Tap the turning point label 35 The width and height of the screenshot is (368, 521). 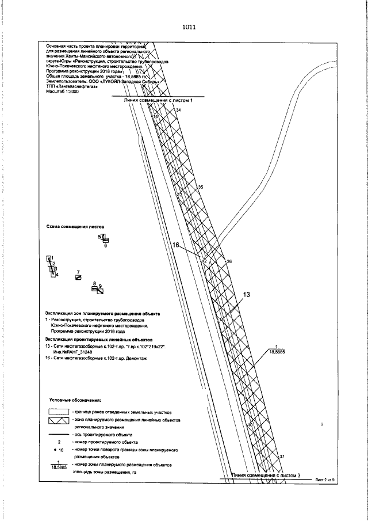coord(201,188)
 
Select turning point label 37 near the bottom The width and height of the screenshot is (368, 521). coord(282,457)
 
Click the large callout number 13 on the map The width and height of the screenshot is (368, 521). coord(247,295)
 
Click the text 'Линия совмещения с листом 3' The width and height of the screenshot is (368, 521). coord(266,476)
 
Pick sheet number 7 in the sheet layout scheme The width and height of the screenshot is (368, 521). coord(78,271)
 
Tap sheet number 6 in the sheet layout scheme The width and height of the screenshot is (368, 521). coord(106,246)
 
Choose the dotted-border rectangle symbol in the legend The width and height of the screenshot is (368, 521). coord(59,412)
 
